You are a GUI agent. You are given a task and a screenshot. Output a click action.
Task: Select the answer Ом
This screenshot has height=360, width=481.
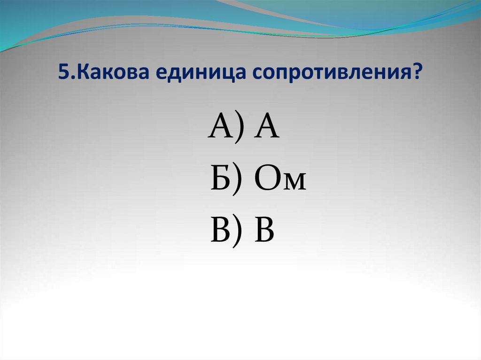tap(280, 180)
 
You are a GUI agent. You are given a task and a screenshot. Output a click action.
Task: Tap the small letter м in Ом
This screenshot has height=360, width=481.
tap(294, 183)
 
